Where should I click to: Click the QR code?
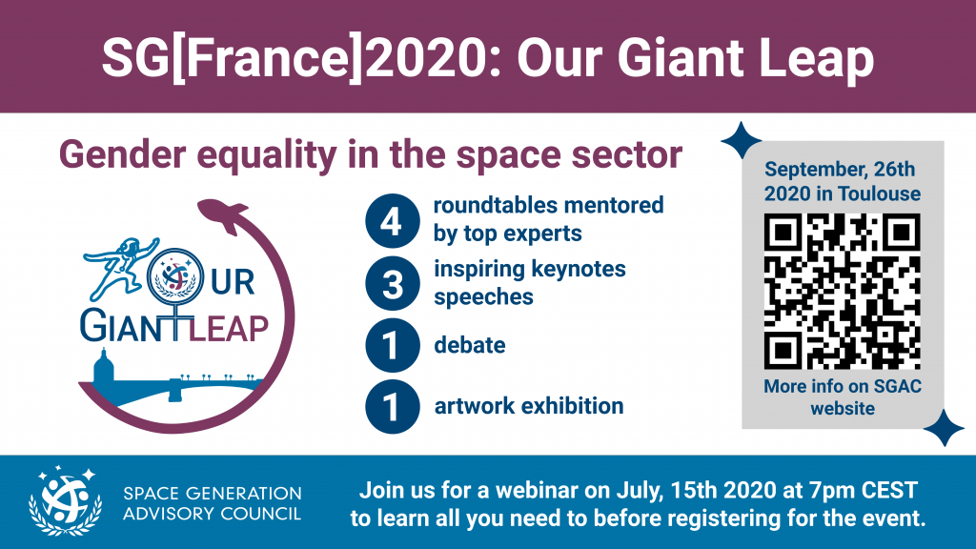click(x=843, y=292)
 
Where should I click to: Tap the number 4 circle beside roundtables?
click(x=392, y=221)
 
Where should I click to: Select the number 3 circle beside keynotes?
click(x=392, y=283)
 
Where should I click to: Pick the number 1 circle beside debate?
click(x=392, y=345)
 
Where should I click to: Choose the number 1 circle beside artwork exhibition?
click(x=392, y=406)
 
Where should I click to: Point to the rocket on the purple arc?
click(x=223, y=214)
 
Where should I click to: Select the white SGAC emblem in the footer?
click(x=66, y=500)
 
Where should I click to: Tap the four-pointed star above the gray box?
click(x=741, y=141)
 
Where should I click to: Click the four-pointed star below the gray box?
click(x=944, y=428)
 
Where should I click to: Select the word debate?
click(x=470, y=345)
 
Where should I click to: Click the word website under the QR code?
click(x=843, y=408)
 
